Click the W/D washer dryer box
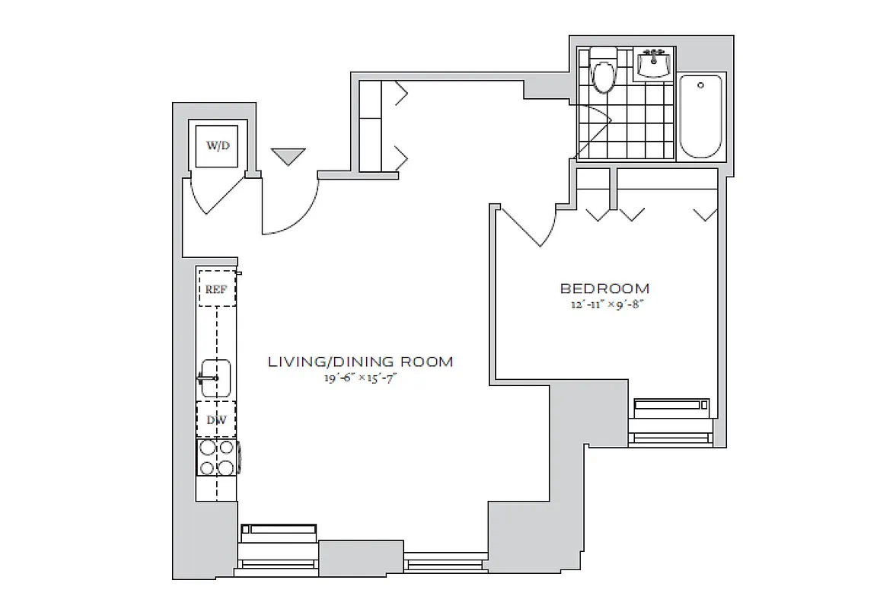[x=217, y=144]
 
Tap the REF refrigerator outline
[x=217, y=289]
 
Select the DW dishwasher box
[x=217, y=419]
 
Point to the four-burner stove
[x=218, y=458]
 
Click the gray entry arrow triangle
[x=288, y=156]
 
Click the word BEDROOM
[x=605, y=289]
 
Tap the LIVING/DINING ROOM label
[x=360, y=362]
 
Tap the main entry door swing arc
[x=293, y=213]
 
